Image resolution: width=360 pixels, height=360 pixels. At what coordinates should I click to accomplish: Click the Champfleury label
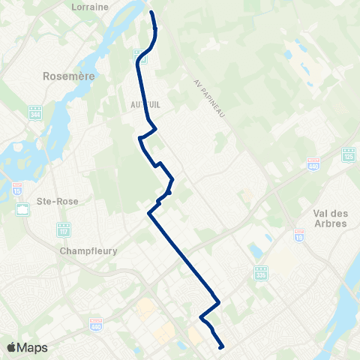coord(88,251)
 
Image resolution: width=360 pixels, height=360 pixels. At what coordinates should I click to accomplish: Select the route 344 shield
coord(35,112)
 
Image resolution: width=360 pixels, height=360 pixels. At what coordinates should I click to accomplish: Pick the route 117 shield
coord(64,227)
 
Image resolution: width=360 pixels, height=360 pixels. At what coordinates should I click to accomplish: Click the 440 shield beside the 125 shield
coord(313,164)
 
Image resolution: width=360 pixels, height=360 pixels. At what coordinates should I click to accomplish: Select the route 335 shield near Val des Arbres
coord(260,272)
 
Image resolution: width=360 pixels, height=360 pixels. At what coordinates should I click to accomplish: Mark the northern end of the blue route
coord(152,13)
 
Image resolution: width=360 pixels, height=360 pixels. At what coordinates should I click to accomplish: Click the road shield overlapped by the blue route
coord(139,55)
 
